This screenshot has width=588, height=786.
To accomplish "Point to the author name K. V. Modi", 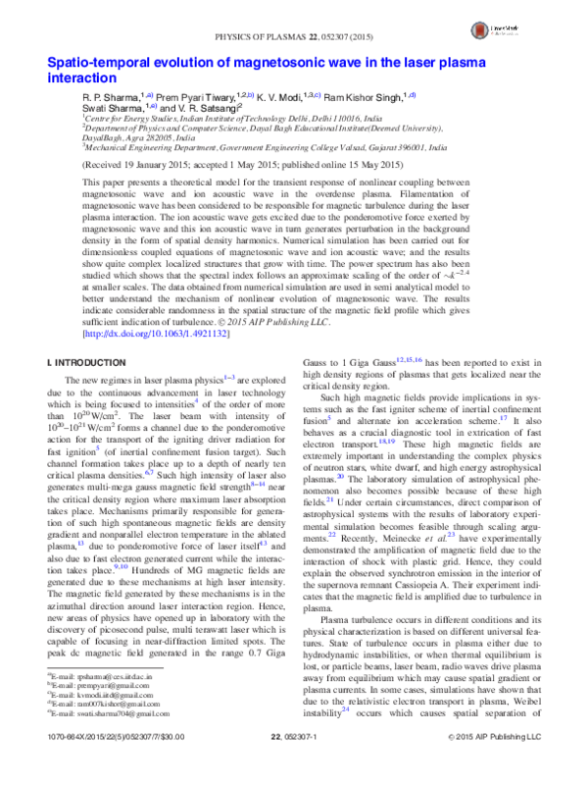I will click(x=285, y=98).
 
